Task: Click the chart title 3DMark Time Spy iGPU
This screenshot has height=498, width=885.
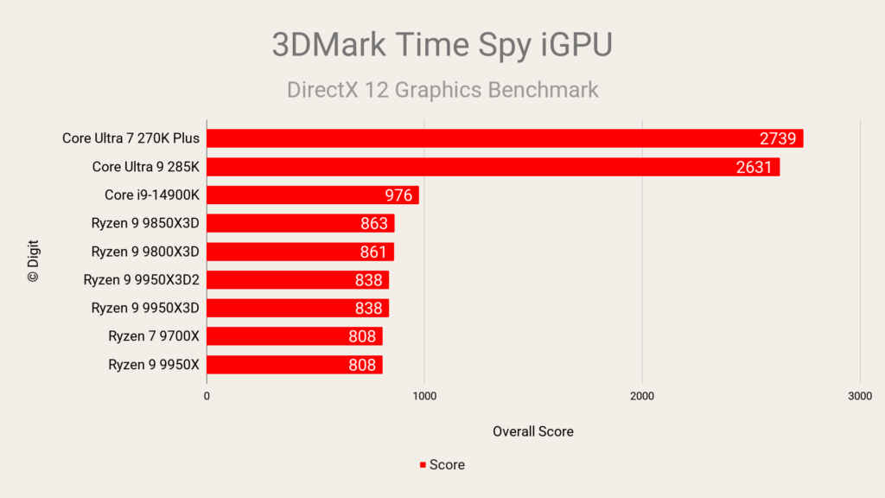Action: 442,45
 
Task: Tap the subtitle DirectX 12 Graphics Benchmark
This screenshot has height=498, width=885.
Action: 442,90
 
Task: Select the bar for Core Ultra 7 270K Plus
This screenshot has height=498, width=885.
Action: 505,138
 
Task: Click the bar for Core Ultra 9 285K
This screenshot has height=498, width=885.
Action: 493,167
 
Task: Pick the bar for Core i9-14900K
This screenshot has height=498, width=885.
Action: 312,195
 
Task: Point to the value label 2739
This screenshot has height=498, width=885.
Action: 778,139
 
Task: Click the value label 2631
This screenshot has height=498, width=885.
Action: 754,168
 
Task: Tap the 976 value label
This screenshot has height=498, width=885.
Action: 398,195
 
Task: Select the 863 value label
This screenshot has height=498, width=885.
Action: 374,224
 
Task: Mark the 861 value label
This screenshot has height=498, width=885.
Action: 374,252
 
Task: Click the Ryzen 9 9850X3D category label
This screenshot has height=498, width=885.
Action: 145,224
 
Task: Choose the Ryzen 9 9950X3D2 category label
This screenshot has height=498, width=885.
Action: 141,280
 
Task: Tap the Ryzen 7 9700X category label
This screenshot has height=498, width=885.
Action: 154,336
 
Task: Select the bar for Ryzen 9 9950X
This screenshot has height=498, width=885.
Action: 294,365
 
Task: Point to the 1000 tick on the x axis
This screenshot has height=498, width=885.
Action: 423,396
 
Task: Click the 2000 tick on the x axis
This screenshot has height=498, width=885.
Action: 641,396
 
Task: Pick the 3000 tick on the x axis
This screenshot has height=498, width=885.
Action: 859,396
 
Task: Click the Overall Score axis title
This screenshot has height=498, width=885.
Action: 532,431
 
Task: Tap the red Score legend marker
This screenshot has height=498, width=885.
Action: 423,465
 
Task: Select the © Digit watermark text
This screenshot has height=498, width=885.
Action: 33,261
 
